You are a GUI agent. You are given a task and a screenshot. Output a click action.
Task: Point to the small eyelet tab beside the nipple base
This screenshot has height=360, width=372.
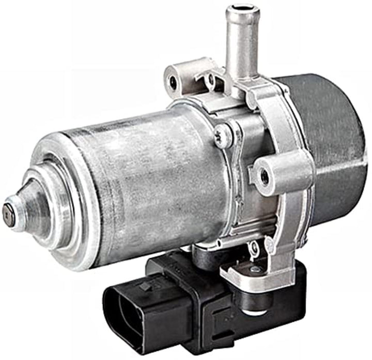click(210, 80)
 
